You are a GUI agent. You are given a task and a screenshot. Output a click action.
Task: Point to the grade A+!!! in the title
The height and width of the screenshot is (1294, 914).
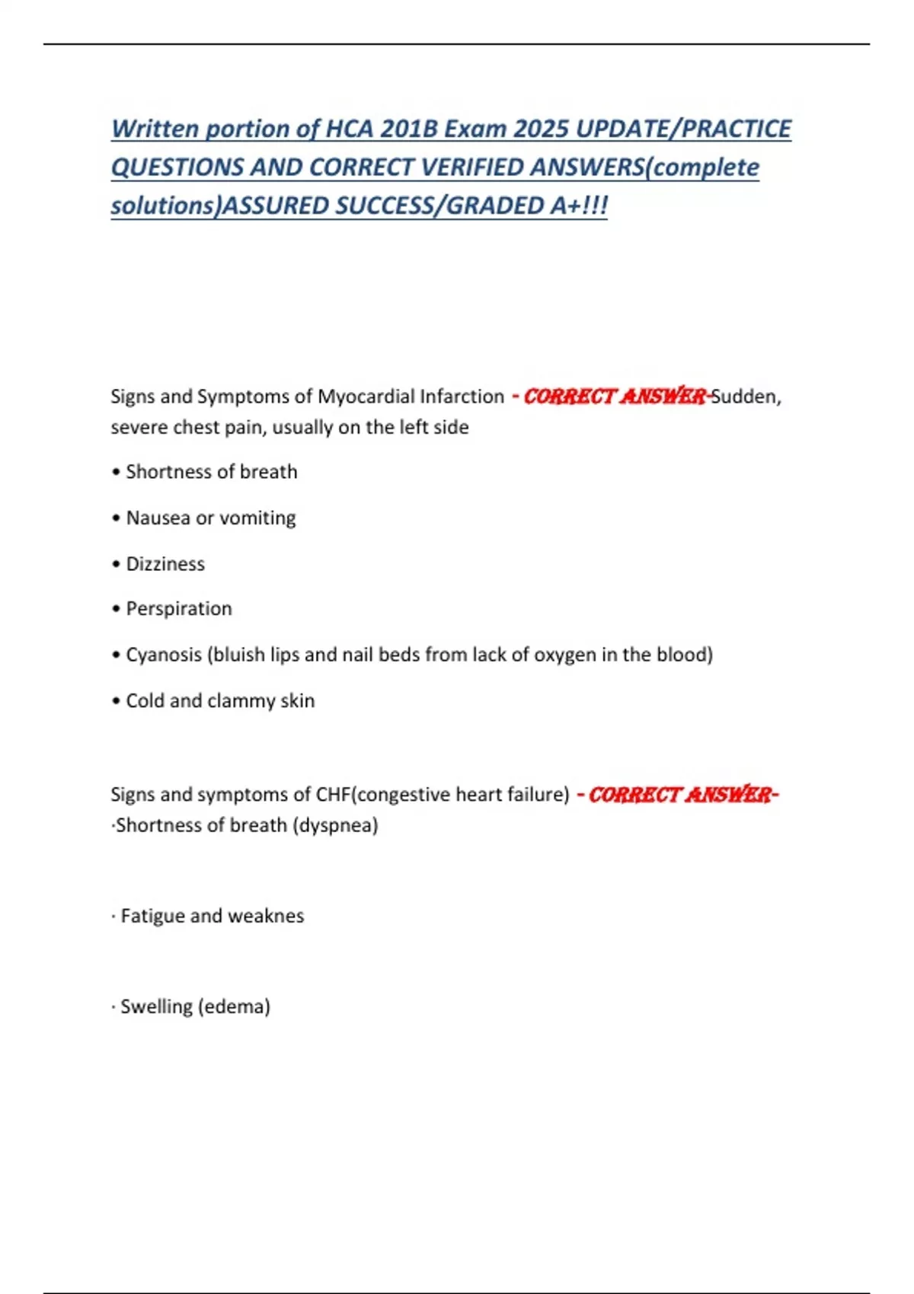578,206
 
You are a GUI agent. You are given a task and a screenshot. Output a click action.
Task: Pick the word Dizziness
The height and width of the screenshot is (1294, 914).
165,564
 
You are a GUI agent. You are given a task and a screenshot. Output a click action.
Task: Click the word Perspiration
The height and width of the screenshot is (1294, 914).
179,609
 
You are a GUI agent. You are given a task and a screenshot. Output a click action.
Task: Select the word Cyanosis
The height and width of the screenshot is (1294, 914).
164,655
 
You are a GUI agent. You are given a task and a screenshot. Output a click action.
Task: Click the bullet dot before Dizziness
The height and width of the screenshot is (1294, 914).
116,565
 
